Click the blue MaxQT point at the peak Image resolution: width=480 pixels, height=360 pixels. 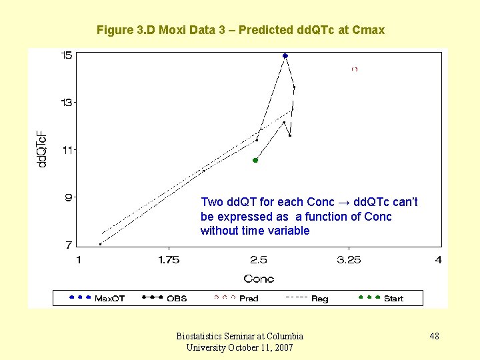coord(285,56)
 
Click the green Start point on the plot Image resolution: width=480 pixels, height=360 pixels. coord(255,160)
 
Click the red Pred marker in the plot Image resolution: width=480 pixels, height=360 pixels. coord(355,69)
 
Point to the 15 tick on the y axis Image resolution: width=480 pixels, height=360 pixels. coord(67,55)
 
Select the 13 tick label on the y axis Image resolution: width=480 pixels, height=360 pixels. coord(67,103)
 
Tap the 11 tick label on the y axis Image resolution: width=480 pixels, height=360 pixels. coord(67,150)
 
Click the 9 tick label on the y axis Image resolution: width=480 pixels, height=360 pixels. coord(69,197)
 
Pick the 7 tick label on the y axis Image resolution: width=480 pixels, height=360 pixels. coord(69,245)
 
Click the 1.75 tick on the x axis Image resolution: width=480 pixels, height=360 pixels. coord(169,260)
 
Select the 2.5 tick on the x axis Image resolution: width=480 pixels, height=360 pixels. coord(259,260)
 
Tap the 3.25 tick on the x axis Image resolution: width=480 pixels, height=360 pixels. coord(349,260)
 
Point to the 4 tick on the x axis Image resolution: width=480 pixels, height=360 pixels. coord(438,260)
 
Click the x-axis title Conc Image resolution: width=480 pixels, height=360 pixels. coord(259,279)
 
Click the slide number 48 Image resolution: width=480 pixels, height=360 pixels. coord(434,336)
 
